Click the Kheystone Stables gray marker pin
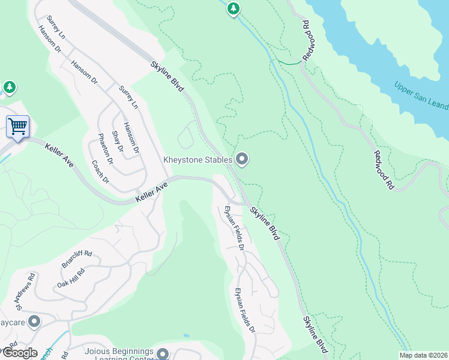tap(242, 159)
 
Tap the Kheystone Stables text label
tap(199, 160)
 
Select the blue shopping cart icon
tap(17, 127)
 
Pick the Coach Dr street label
tap(100, 172)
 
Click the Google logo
tap(20, 353)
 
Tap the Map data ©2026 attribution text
tap(423, 355)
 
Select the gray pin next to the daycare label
tap(34, 322)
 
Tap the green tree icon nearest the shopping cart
tap(9, 88)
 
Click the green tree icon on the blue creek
tap(234, 8)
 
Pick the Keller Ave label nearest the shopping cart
tap(59, 154)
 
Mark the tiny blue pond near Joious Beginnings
tap(186, 335)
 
